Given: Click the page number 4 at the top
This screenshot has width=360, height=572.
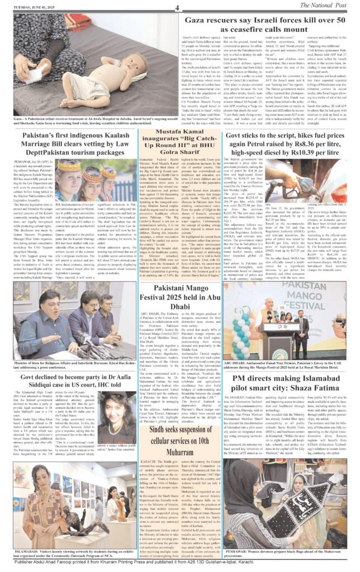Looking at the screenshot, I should (177, 7).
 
